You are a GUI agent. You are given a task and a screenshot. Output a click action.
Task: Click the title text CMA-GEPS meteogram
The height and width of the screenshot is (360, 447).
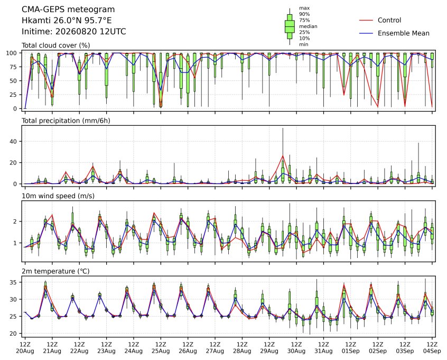(x=68, y=10)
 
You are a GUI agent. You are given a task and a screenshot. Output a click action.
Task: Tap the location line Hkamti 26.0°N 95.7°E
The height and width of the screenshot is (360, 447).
(x=67, y=21)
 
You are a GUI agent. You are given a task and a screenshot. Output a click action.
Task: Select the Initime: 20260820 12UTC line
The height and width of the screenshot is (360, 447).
(x=74, y=31)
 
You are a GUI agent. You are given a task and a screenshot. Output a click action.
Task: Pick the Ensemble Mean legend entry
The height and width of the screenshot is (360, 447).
(x=394, y=33)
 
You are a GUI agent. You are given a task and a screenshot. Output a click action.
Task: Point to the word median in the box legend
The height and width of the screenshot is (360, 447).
(x=308, y=26)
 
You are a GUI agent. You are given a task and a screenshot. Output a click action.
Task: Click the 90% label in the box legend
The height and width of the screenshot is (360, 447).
(x=304, y=14)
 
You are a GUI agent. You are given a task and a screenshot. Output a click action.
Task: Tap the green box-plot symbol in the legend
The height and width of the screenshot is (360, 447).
(x=290, y=26)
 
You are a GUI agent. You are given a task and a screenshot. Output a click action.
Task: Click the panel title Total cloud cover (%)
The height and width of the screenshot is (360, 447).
(x=56, y=45)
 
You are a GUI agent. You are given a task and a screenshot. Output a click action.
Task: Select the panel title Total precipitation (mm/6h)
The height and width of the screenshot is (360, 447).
(x=66, y=121)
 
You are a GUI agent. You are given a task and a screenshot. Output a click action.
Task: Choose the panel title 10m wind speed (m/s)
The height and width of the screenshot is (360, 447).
(x=58, y=196)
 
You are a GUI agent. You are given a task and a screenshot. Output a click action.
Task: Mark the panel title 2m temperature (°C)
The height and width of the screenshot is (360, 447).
(x=55, y=271)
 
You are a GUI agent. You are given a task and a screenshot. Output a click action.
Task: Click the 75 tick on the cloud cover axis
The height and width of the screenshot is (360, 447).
(x=14, y=67)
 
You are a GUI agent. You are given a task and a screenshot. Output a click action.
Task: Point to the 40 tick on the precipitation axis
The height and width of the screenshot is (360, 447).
(x=14, y=142)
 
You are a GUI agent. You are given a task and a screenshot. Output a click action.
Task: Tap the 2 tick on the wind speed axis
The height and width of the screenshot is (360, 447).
(x=15, y=221)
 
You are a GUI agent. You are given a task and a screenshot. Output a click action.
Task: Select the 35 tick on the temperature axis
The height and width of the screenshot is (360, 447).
(x=14, y=282)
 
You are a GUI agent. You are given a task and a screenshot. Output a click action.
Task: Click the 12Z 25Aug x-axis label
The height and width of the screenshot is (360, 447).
(x=161, y=348)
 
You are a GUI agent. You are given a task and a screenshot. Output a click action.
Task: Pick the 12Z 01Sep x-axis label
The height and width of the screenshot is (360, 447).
(x=351, y=348)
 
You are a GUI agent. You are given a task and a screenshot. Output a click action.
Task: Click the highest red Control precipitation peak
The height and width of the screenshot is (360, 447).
(x=283, y=156)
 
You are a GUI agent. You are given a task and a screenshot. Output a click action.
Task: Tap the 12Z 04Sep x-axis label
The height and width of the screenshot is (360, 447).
(x=432, y=348)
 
